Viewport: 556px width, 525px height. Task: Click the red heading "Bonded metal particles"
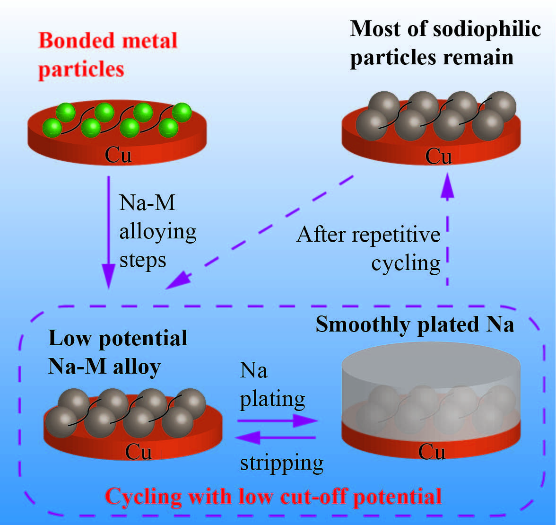pyautogui.click(x=108, y=54)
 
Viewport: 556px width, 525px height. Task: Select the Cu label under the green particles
pyautogui.click(x=118, y=155)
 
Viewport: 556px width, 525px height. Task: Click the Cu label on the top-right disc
pyautogui.click(x=438, y=156)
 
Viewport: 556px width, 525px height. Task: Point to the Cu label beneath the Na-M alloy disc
pyautogui.click(x=138, y=452)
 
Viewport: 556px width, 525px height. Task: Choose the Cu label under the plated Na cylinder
pyautogui.click(x=431, y=452)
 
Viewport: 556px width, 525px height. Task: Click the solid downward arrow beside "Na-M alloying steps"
pyautogui.click(x=109, y=232)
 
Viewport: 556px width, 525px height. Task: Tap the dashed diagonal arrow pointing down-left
pyautogui.click(x=260, y=232)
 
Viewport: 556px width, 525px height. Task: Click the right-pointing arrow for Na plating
pyautogui.click(x=277, y=420)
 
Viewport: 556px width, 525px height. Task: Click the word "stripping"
pyautogui.click(x=282, y=462)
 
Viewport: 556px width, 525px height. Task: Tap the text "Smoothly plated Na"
pyautogui.click(x=415, y=325)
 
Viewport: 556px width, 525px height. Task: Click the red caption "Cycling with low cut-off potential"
pyautogui.click(x=273, y=497)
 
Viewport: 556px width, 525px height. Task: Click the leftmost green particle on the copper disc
pyautogui.click(x=52, y=128)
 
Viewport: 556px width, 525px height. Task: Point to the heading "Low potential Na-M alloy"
pyautogui.click(x=117, y=352)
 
